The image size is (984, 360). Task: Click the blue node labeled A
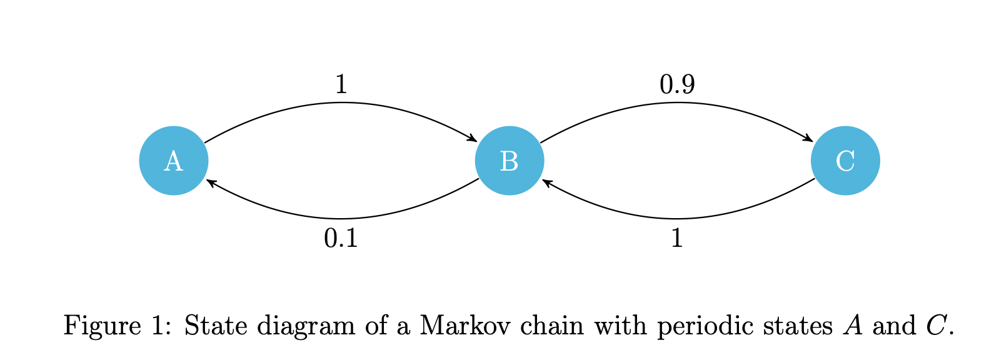tap(173, 161)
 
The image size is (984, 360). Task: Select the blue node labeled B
tap(510, 161)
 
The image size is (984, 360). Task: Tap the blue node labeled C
tap(845, 161)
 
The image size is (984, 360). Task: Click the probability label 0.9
tap(677, 84)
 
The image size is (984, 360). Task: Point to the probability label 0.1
tap(341, 238)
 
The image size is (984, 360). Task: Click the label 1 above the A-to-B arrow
tap(341, 84)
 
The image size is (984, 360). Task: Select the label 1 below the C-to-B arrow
tap(676, 238)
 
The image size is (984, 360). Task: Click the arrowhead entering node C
tap(809, 138)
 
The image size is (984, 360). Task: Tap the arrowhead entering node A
tap(210, 182)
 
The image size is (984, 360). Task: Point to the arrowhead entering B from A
tap(473, 138)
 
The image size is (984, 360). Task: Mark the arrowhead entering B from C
tap(546, 182)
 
